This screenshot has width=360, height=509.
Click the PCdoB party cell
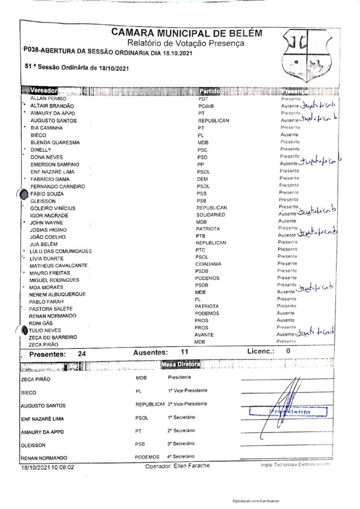206,106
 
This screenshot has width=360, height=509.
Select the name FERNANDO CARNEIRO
58,186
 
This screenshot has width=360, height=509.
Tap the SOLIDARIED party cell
211,215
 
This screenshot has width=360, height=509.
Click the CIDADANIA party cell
208,264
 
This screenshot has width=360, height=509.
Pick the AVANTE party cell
204,335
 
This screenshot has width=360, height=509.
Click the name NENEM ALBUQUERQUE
58,294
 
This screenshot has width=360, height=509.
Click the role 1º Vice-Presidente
187,390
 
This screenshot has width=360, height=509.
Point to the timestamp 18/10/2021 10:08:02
47,468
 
